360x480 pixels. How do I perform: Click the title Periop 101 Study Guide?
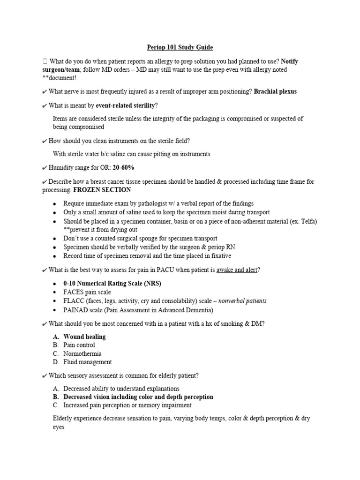coord(180,47)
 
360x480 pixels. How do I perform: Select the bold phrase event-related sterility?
coord(125,105)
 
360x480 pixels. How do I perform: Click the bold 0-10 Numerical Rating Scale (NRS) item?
coord(109,284)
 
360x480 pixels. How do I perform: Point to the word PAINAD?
coord(76,310)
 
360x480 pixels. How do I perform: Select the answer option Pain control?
coord(79,345)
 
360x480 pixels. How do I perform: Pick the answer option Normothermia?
coord(82,353)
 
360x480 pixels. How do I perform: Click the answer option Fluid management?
coord(87,362)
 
